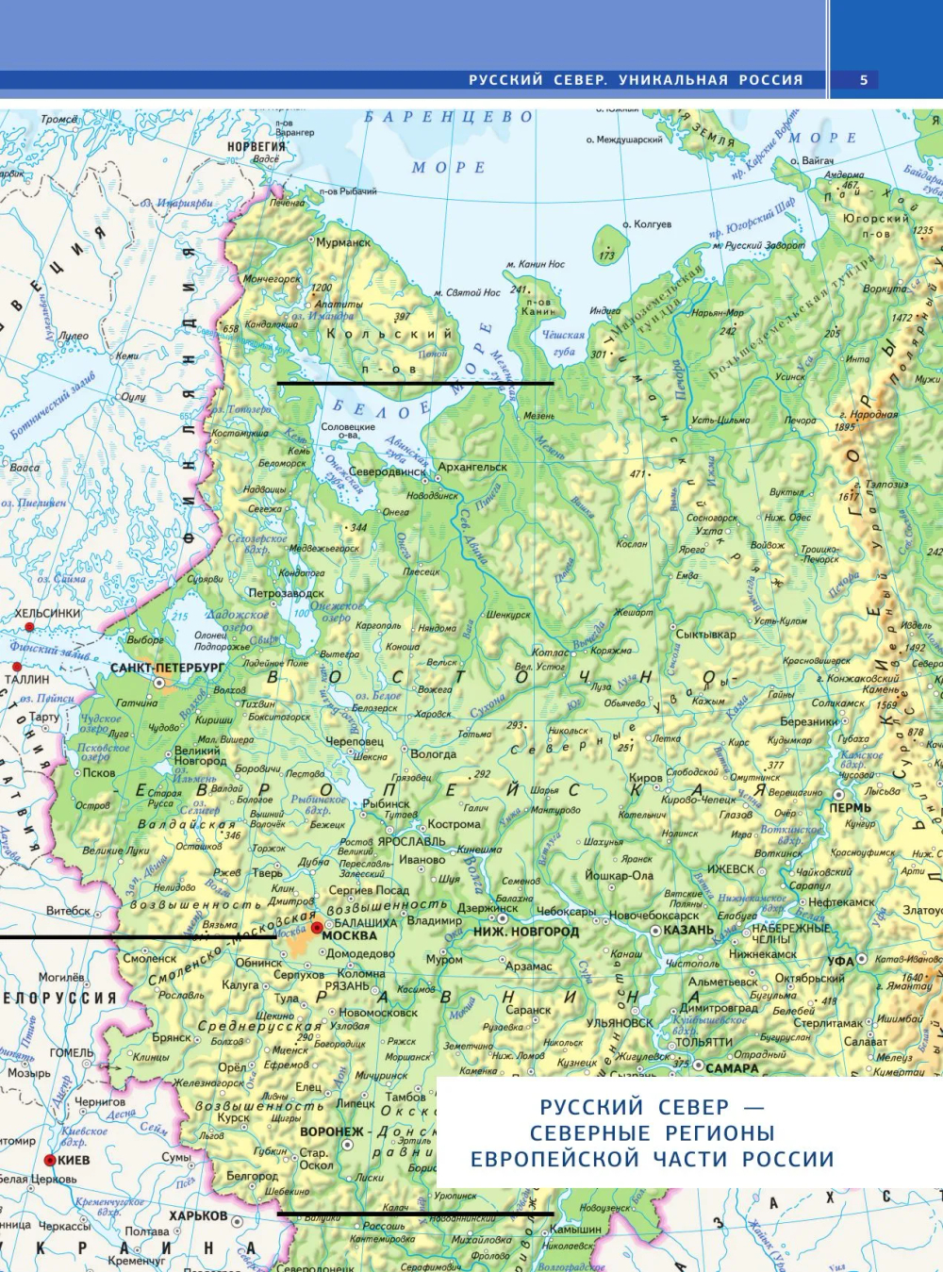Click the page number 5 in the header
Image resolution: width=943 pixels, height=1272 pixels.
click(x=863, y=80)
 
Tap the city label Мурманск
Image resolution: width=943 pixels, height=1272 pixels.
click(x=343, y=242)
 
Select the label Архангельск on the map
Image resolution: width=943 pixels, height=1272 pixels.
click(x=472, y=467)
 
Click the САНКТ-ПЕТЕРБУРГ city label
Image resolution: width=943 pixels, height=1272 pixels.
click(x=168, y=668)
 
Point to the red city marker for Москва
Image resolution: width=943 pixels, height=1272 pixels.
click(x=317, y=928)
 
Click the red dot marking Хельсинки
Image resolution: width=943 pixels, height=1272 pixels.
click(x=29, y=627)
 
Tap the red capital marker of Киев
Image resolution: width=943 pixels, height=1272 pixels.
click(x=50, y=1160)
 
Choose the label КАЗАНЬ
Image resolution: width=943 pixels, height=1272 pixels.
click(x=688, y=930)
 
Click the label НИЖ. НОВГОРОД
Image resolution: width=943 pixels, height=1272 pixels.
click(x=526, y=932)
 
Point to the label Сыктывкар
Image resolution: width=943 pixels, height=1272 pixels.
click(x=706, y=635)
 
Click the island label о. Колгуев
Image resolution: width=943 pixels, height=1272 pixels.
click(x=647, y=224)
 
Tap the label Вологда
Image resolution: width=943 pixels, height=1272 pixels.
click(x=434, y=753)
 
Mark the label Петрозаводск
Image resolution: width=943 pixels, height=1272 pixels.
click(x=286, y=594)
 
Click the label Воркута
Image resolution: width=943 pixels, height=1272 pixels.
click(x=885, y=289)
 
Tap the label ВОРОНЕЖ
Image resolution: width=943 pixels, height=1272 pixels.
click(x=332, y=1132)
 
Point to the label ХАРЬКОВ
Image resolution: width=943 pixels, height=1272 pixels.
click(x=198, y=1215)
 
